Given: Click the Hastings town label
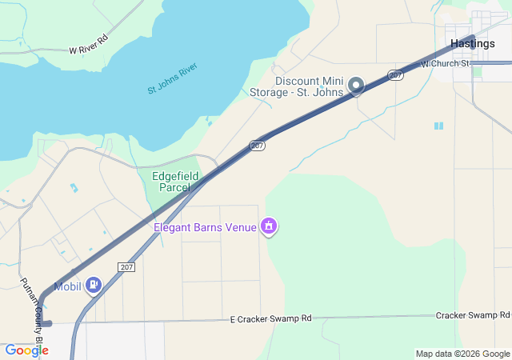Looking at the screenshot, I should tap(472, 43).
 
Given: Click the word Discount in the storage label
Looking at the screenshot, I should tap(297, 81).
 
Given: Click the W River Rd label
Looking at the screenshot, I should tap(88, 45).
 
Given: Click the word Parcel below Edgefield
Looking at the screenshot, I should tap(175, 187).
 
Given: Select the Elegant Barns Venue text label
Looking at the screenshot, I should tap(205, 227).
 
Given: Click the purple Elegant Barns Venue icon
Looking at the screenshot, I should tap(270, 227).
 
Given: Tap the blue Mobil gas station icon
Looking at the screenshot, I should tap(94, 285).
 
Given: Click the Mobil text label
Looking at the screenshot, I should tap(68, 286).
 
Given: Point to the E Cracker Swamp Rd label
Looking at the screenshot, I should tap(270, 318).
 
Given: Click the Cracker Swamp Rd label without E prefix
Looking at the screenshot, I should tap(473, 315).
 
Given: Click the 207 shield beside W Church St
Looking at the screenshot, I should tap(395, 75).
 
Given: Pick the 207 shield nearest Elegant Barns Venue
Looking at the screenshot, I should tap(257, 146).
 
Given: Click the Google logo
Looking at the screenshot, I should tap(26, 350).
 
